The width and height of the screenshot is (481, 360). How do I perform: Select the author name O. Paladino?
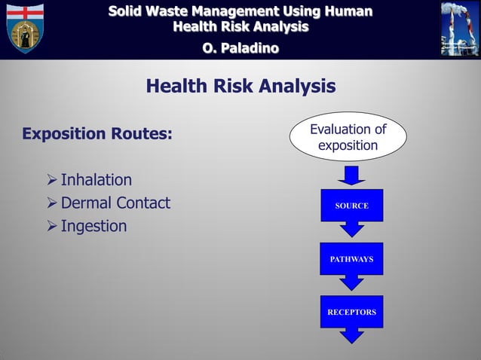(240, 48)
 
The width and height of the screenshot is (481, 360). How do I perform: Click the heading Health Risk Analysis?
(240, 87)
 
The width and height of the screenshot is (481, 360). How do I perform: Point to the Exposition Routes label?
(97, 135)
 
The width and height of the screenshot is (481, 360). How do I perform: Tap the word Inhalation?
(96, 180)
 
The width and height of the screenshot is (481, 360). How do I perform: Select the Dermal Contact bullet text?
(115, 203)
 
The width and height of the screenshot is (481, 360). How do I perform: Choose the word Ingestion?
(93, 226)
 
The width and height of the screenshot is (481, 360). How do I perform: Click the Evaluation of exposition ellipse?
(348, 136)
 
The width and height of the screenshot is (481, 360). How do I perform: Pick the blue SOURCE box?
(351, 206)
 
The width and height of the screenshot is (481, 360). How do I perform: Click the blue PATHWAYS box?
(351, 258)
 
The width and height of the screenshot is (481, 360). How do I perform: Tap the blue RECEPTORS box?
(351, 312)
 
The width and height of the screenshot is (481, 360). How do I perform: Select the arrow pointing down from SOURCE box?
(351, 229)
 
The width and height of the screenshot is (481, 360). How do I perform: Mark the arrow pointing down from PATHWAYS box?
(351, 282)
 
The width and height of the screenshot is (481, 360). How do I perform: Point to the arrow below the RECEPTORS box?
(351, 336)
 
